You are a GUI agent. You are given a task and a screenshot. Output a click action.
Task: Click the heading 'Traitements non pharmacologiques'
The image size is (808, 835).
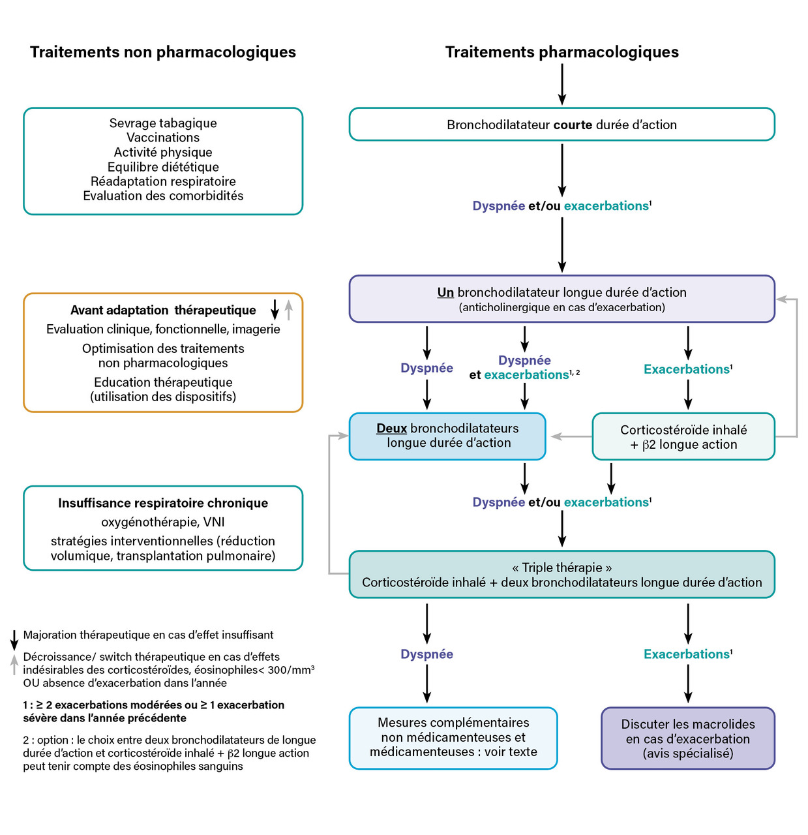[163, 52]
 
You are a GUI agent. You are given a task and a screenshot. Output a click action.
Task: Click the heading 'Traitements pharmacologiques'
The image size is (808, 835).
[561, 52]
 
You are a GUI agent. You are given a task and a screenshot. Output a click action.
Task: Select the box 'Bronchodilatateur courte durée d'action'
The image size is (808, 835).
[561, 125]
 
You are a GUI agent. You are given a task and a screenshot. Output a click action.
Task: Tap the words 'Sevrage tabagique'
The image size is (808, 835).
[163, 123]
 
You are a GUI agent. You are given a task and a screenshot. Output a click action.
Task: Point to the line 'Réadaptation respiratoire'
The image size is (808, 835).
[163, 181]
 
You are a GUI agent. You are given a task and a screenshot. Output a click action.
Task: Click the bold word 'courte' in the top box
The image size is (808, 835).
[573, 125]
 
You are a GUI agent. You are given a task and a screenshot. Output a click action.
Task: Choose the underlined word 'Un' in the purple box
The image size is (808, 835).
[445, 292]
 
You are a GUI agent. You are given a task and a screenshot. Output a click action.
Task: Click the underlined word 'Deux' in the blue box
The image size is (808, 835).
[391, 429]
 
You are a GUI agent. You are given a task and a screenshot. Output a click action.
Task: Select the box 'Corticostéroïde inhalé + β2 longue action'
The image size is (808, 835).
[683, 437]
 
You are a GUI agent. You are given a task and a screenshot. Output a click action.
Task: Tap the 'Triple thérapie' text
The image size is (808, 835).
[561, 568]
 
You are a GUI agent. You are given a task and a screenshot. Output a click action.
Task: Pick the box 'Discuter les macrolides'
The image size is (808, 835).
[687, 738]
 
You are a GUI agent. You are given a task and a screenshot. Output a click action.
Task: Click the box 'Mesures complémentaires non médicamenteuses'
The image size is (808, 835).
[453, 738]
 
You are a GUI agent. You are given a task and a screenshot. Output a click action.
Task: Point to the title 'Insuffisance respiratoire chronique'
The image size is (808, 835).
[163, 503]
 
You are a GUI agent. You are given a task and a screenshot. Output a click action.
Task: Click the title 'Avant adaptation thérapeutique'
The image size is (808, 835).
[163, 311]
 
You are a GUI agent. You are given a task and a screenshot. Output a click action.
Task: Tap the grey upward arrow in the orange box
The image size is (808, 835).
[289, 309]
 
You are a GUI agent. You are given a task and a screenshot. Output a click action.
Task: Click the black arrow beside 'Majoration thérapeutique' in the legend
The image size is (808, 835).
[14, 640]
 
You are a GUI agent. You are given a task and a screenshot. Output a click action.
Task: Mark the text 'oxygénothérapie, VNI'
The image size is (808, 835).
[163, 522]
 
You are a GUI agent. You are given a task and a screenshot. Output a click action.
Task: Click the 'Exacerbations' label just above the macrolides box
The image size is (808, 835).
[687, 654]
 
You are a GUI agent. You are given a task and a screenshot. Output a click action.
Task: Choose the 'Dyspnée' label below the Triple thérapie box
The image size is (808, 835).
[426, 654]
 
